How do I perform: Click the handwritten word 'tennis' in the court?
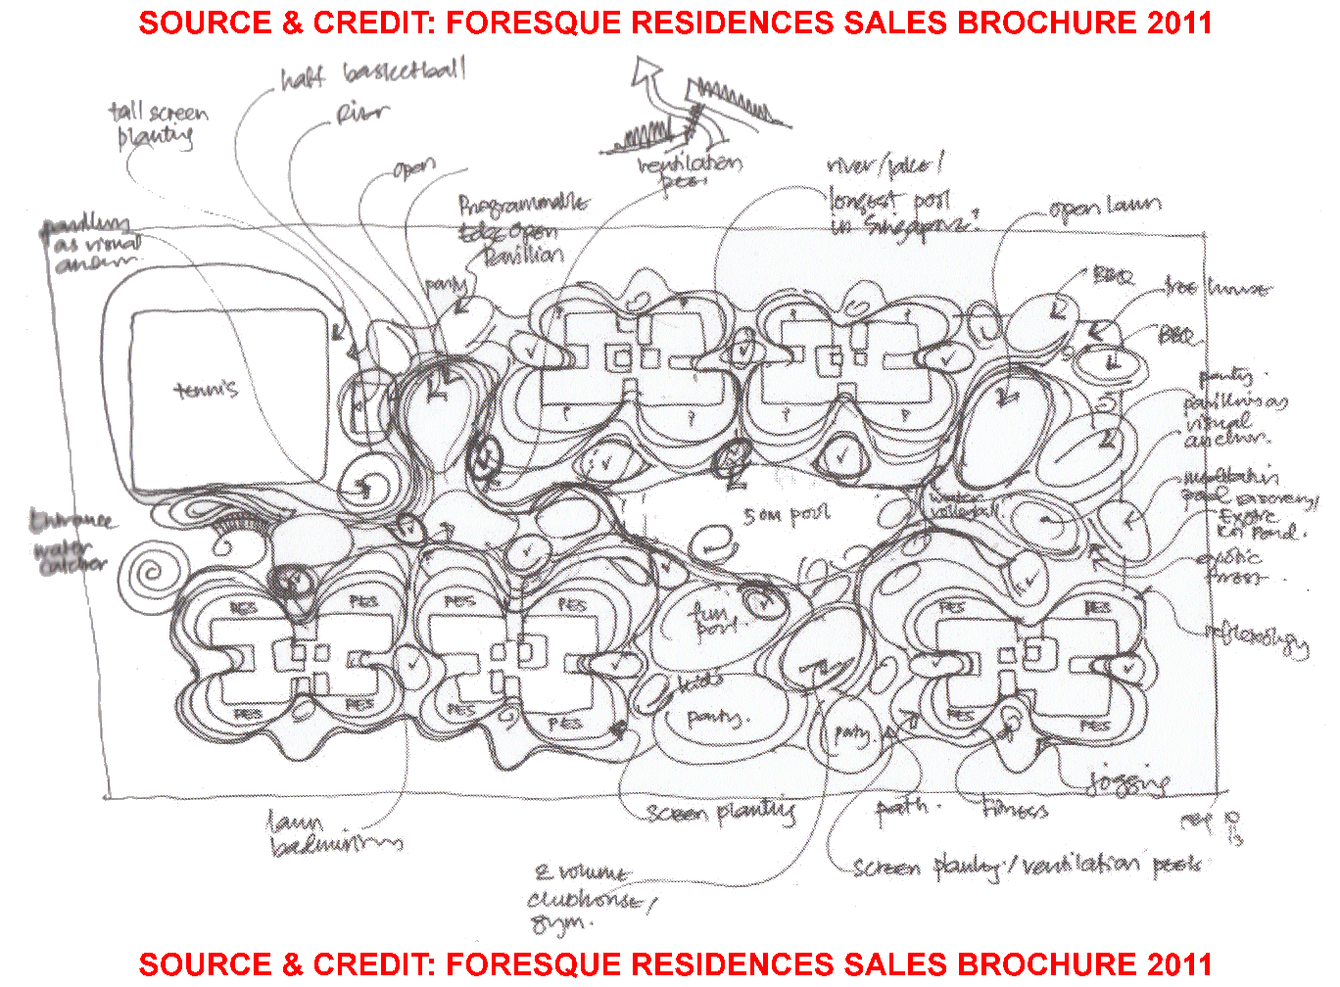207,390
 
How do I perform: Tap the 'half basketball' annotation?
373,74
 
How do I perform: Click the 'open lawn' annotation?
1104,208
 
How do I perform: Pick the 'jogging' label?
1127,781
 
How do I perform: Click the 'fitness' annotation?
1015,810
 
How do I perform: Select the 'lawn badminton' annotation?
333,833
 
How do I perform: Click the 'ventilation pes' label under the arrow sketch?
690,172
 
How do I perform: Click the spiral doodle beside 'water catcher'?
153,573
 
